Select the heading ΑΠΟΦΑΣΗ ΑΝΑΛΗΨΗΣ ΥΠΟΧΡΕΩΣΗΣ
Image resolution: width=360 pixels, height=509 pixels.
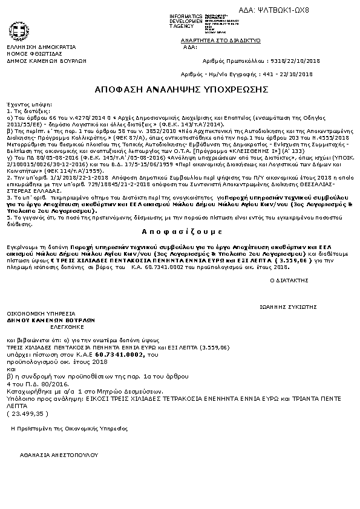[181, 89]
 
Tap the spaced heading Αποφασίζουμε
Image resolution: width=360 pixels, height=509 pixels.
[180, 232]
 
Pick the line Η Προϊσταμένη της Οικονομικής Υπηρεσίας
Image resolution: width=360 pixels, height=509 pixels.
[70, 428]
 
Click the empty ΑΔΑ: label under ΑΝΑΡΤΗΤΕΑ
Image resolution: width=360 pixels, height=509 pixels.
[190, 47]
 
